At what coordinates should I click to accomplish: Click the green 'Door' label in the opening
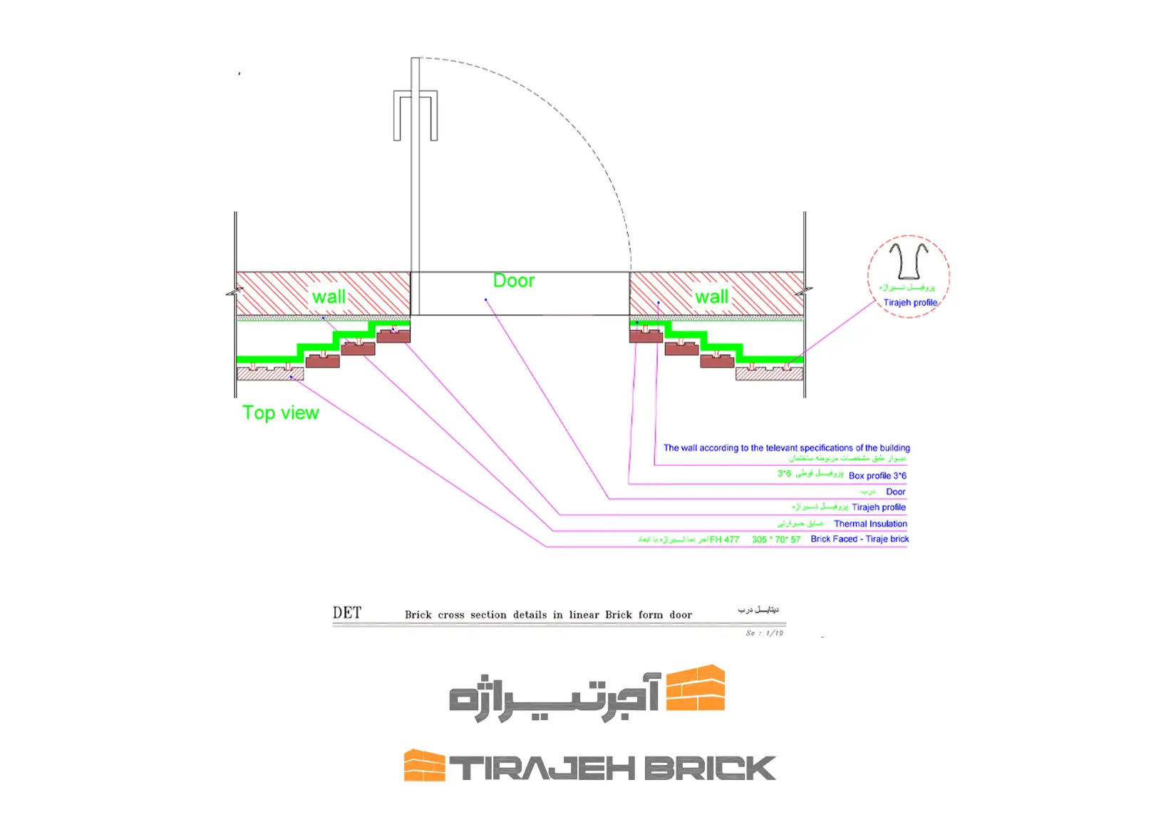click(x=514, y=281)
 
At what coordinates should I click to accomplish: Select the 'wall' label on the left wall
click(x=329, y=296)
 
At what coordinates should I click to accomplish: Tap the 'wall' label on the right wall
click(x=711, y=296)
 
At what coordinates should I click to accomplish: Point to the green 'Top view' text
click(x=280, y=413)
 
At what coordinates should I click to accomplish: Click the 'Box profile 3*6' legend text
click(x=877, y=475)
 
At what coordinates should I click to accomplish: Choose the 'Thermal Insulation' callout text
click(x=870, y=524)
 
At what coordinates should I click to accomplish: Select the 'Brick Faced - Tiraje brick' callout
click(x=860, y=539)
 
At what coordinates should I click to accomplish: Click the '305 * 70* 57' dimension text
click(x=775, y=539)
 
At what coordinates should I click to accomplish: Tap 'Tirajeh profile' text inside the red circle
click(x=910, y=303)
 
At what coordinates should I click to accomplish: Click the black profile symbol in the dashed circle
click(x=908, y=261)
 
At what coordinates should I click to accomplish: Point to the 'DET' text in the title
click(x=347, y=613)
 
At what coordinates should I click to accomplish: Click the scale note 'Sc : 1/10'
click(x=764, y=633)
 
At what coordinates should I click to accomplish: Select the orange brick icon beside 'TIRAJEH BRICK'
click(x=424, y=766)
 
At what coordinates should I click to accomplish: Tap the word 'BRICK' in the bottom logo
click(x=710, y=769)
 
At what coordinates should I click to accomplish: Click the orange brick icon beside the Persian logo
click(x=696, y=688)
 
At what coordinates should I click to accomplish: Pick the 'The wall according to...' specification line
click(x=786, y=448)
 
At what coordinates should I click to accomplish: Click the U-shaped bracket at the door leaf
click(x=416, y=115)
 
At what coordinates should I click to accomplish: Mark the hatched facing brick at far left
click(x=270, y=373)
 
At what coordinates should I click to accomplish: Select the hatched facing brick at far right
click(x=769, y=373)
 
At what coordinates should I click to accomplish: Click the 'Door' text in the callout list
click(x=895, y=492)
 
